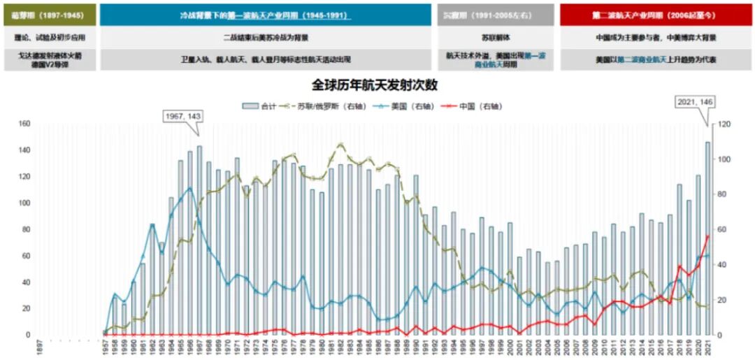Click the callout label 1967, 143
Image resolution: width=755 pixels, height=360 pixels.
pos(181,116)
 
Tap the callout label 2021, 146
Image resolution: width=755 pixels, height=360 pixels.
pos(696,102)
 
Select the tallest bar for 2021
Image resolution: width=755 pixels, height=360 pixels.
pos(707,238)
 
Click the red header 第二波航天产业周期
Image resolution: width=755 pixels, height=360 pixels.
pos(656,15)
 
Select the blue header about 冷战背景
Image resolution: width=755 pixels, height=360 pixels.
pos(266,15)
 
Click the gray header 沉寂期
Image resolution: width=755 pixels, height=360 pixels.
pos(496,15)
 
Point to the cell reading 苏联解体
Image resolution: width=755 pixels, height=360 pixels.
pos(496,37)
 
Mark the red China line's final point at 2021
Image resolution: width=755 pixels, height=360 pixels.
pos(707,236)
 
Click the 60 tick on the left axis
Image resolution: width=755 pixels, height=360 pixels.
pos(24,256)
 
